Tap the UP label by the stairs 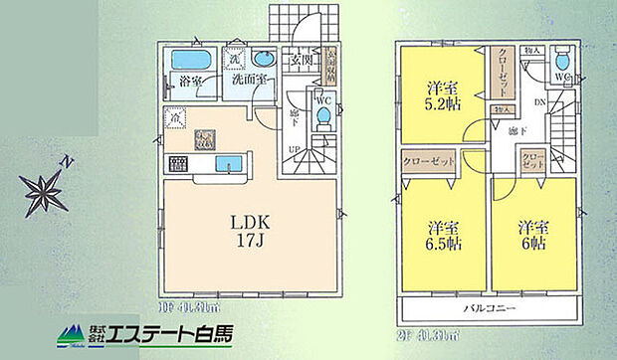tap(294, 148)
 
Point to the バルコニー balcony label tap(491, 309)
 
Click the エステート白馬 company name tap(175, 334)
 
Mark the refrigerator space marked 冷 tap(175, 117)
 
